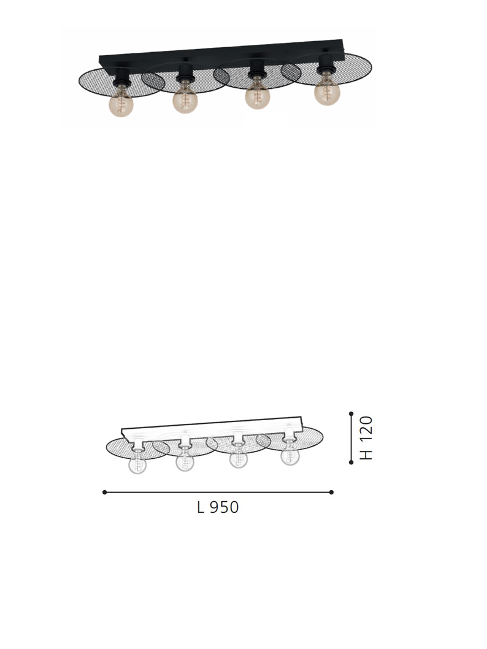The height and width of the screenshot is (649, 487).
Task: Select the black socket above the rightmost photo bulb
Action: pos(325,66)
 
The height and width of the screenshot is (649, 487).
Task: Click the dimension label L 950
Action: pos(218,507)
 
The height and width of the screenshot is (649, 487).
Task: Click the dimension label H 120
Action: pos(366,438)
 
